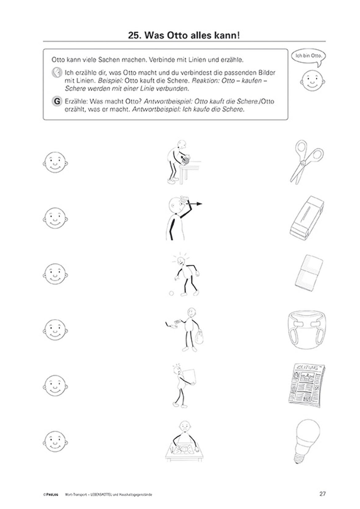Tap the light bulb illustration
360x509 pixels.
pyautogui.click(x=307, y=441)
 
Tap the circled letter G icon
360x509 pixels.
pyautogui.click(x=57, y=101)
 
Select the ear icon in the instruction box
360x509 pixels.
pyautogui.click(x=57, y=73)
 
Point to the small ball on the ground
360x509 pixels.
pyautogui.click(x=171, y=293)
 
